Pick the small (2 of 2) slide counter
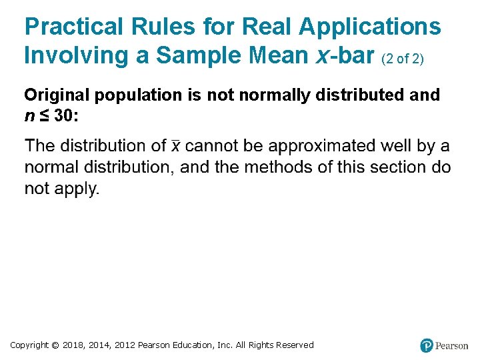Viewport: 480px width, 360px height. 403,59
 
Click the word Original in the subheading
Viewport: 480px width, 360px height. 57,95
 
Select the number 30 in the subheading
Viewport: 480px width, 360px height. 63,116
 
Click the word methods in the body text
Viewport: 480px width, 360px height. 273,167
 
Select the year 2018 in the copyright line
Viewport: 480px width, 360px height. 74,345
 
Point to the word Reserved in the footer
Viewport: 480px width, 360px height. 291,345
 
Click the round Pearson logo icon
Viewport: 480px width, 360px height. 427,345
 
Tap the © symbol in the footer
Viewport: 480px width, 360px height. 55,345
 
